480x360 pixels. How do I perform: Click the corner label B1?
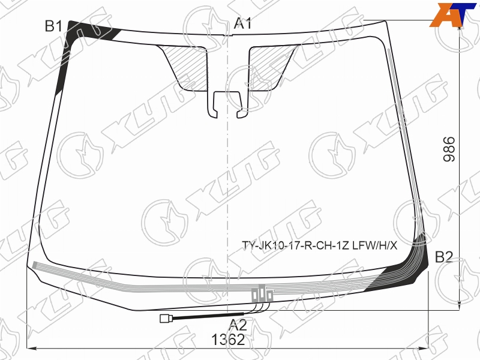53,26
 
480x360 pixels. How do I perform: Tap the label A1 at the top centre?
243,23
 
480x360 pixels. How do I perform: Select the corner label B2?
444,257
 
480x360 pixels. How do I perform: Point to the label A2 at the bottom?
238,325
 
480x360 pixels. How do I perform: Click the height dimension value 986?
449,149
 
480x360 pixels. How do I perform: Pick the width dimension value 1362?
229,340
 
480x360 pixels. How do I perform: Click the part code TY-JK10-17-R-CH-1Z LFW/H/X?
320,245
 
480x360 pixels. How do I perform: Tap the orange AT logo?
453,14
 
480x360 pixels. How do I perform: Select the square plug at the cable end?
164,319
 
